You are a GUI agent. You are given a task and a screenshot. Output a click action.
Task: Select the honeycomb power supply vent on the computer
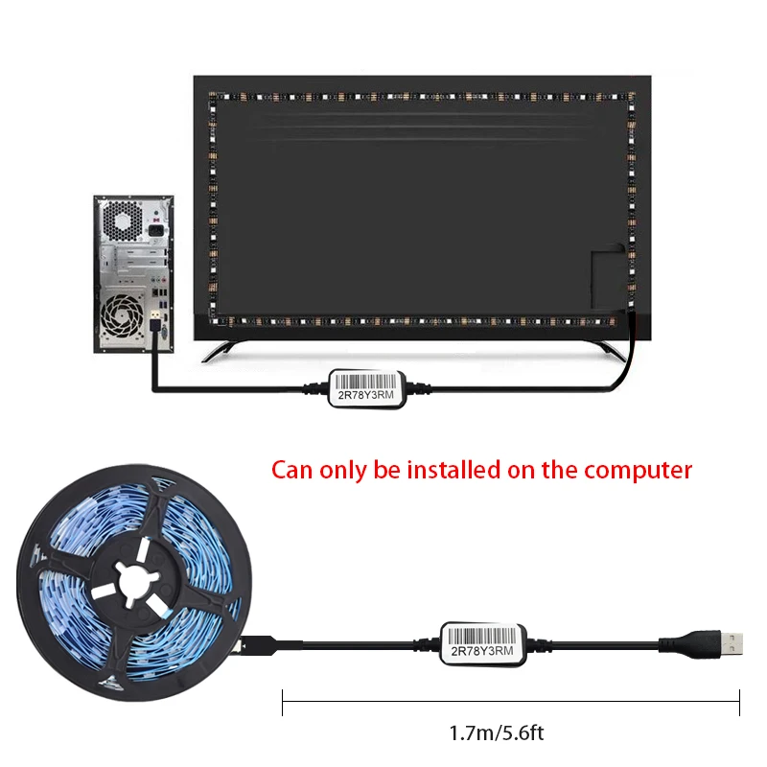pos(124,221)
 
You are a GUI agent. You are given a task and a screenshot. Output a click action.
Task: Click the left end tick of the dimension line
pos(283,701)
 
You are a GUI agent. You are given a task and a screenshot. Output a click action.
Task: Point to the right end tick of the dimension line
pos(739,701)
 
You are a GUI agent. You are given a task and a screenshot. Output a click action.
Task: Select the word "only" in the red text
pos(340,470)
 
